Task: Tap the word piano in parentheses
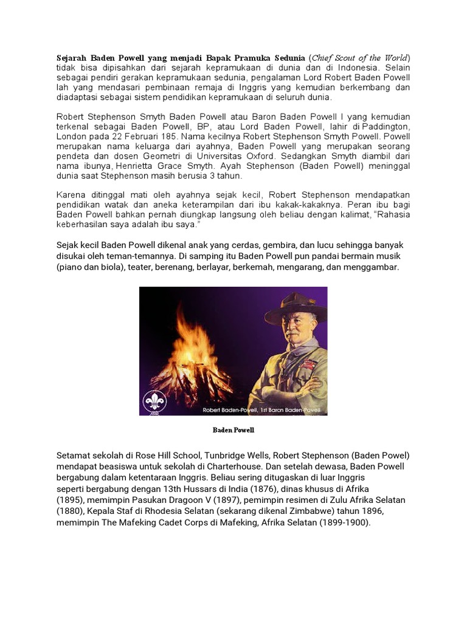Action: (x=73, y=267)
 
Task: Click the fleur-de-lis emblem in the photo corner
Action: (x=155, y=401)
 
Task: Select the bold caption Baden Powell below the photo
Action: (x=233, y=430)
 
